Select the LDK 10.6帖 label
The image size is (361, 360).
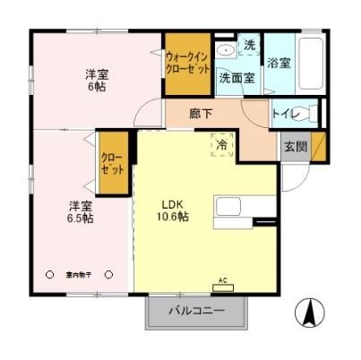[x=172, y=210]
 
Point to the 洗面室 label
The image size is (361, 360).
[x=237, y=78]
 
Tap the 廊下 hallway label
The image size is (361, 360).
[x=201, y=114]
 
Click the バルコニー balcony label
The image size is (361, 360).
[x=197, y=313]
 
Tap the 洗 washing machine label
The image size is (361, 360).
[x=250, y=44]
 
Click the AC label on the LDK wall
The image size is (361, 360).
[x=220, y=280]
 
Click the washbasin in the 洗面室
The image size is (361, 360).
[x=228, y=48]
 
